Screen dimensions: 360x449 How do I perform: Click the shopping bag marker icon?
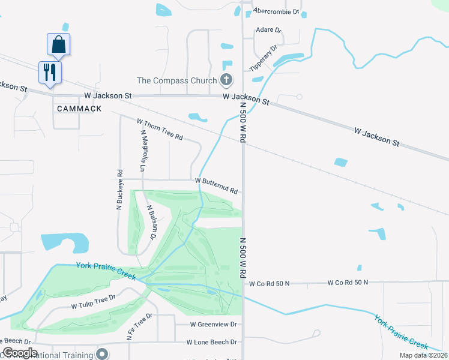click(59, 44)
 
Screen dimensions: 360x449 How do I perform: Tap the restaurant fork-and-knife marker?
click(49, 73)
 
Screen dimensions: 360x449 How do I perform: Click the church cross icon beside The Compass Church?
click(227, 80)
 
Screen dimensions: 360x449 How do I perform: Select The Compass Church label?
click(178, 80)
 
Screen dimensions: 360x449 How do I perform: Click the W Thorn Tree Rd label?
click(160, 129)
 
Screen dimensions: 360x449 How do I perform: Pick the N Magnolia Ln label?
click(143, 151)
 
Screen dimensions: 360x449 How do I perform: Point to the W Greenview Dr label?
click(214, 324)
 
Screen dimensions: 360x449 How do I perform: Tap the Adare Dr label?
click(268, 29)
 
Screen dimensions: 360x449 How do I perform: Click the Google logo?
click(20, 353)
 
